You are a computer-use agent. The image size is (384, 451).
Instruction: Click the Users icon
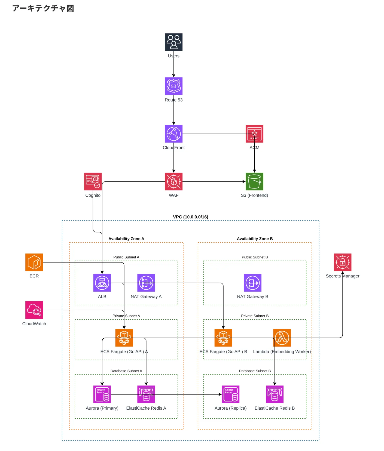pyautogui.click(x=173, y=42)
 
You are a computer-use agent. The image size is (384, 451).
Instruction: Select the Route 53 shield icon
pyautogui.click(x=173, y=86)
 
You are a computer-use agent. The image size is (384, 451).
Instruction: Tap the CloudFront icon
pyautogui.click(x=173, y=134)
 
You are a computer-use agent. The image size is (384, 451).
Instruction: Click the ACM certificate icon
pyautogui.click(x=254, y=134)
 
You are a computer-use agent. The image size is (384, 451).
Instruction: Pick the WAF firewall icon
pyautogui.click(x=173, y=181)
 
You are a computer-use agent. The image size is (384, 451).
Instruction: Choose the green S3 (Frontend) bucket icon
pyautogui.click(x=254, y=181)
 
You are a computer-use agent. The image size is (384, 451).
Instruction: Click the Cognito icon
pyautogui.click(x=93, y=181)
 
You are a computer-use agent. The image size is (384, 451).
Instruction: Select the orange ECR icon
pyautogui.click(x=34, y=262)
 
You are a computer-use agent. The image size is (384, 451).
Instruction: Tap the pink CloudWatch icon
pyautogui.click(x=34, y=310)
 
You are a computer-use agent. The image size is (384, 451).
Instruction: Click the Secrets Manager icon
pyautogui.click(x=343, y=262)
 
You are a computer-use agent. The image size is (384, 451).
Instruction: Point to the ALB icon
pyautogui.click(x=102, y=283)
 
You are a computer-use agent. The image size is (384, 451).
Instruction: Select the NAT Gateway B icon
pyautogui.click(x=252, y=283)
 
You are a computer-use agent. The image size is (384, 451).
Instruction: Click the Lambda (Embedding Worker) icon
pyautogui.click(x=282, y=338)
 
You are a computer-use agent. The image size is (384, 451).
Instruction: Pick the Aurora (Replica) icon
pyautogui.click(x=230, y=394)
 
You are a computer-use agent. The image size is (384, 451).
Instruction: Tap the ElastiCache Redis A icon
pyautogui.click(x=146, y=394)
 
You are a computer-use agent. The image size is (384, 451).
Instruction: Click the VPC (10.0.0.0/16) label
pyautogui.click(x=190, y=217)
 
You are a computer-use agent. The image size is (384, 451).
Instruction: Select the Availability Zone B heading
pyautogui.click(x=255, y=239)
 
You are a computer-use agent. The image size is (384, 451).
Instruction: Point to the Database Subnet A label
pyautogui.click(x=126, y=371)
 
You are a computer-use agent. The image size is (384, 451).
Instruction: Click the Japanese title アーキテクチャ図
pyautogui.click(x=43, y=8)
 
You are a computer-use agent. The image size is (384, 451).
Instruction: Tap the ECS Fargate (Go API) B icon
pyautogui.click(x=223, y=338)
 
